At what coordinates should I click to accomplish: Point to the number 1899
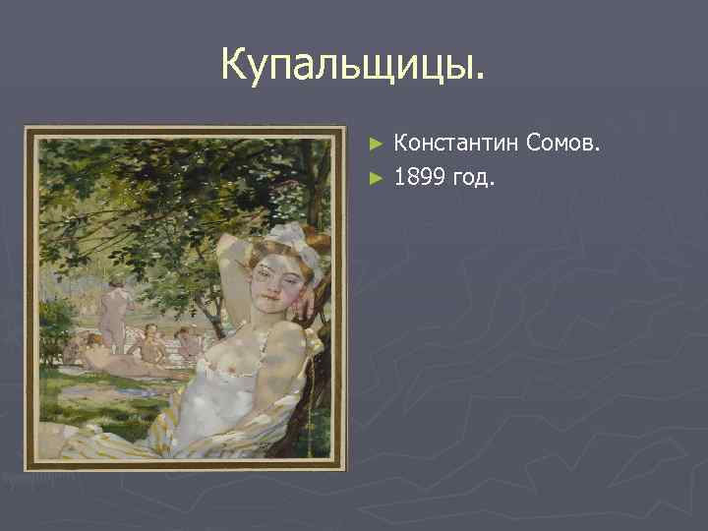423,178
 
